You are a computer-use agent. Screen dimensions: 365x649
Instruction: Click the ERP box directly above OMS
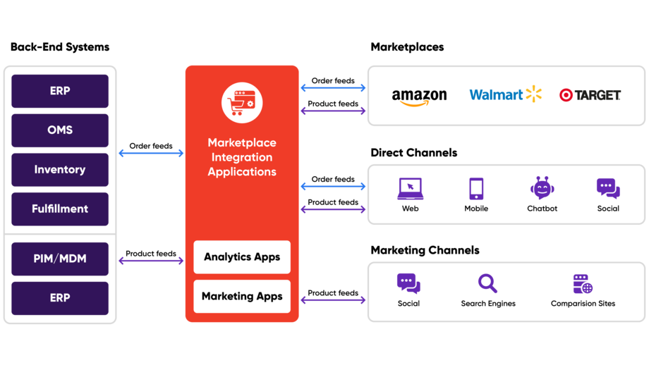coord(60,91)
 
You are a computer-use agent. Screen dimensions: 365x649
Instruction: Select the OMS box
coord(60,130)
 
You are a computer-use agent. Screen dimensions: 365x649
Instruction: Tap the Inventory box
coord(60,170)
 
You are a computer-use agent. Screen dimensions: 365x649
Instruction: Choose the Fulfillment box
coord(60,209)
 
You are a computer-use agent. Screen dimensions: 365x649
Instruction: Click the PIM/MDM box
coord(60,259)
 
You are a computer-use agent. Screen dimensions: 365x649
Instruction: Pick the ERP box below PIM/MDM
coord(60,298)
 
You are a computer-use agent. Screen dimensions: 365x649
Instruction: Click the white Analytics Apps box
coord(242,257)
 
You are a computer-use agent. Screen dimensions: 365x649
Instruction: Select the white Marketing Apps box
coord(242,297)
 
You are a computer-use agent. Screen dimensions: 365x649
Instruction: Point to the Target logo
coord(590,95)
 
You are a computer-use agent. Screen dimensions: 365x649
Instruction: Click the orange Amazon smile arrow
coord(414,104)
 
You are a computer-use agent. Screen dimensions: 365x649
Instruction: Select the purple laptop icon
coord(410,188)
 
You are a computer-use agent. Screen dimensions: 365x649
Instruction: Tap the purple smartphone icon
coord(477,188)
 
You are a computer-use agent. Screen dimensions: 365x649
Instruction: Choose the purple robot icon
coord(542,188)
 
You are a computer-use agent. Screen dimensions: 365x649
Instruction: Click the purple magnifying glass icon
coord(487,283)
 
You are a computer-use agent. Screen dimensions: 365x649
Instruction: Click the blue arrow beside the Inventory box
coord(150,153)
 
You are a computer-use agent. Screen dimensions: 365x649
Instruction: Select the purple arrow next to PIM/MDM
coord(150,261)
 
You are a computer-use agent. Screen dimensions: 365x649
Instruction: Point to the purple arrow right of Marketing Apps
coord(333,300)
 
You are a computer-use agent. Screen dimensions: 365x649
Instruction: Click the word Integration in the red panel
coord(242,157)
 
